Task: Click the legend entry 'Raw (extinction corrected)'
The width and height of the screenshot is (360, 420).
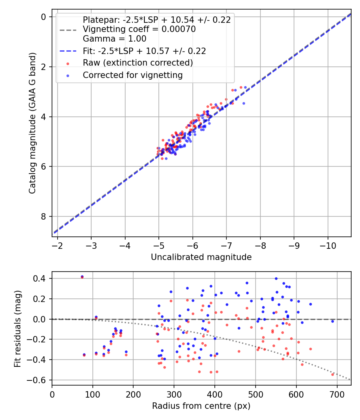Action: click(x=138, y=63)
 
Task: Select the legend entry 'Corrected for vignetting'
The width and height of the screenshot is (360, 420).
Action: click(x=132, y=75)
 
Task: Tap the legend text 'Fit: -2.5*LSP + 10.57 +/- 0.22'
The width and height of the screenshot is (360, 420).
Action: click(x=144, y=51)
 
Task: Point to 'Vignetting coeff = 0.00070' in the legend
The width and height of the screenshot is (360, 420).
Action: click(x=139, y=29)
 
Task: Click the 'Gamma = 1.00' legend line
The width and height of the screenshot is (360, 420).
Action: click(x=114, y=39)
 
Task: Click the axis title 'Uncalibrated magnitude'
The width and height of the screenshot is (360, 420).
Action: click(x=201, y=257)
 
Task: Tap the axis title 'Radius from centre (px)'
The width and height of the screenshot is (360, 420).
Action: click(x=201, y=406)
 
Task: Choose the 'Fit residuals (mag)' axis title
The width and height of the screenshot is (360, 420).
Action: click(x=17, y=328)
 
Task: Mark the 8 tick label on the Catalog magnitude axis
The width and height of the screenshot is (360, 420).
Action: click(x=44, y=216)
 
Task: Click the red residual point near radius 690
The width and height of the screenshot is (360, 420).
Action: click(x=332, y=374)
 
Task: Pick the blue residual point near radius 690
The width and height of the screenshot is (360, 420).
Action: click(x=332, y=321)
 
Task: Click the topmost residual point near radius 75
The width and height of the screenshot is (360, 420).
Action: click(x=82, y=276)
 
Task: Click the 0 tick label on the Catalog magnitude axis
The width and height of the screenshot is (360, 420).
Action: click(x=44, y=17)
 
